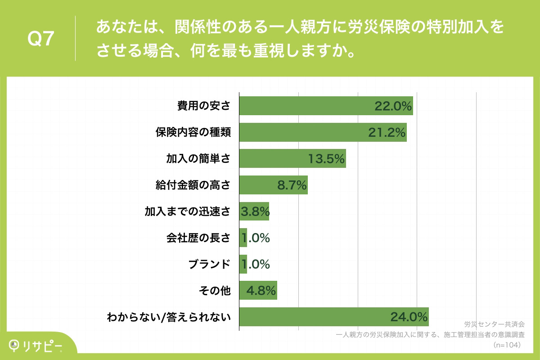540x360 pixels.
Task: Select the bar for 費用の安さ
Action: tap(306, 106)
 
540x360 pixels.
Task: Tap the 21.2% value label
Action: tap(387, 133)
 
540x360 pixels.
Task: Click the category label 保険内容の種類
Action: tap(193, 132)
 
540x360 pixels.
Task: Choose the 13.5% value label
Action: tap(326, 159)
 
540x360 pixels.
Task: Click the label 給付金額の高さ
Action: tap(193, 185)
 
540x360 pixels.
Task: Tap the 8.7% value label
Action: tap(292, 185)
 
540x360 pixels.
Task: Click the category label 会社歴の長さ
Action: tap(198, 238)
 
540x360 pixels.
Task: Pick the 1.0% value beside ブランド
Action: tap(256, 265)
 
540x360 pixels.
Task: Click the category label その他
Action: tap(215, 291)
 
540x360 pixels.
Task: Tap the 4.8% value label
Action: tap(261, 291)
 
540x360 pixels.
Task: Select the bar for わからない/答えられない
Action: tap(315, 317)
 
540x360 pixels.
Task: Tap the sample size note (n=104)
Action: tap(507, 345)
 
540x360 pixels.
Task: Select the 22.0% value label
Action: tap(393, 106)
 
